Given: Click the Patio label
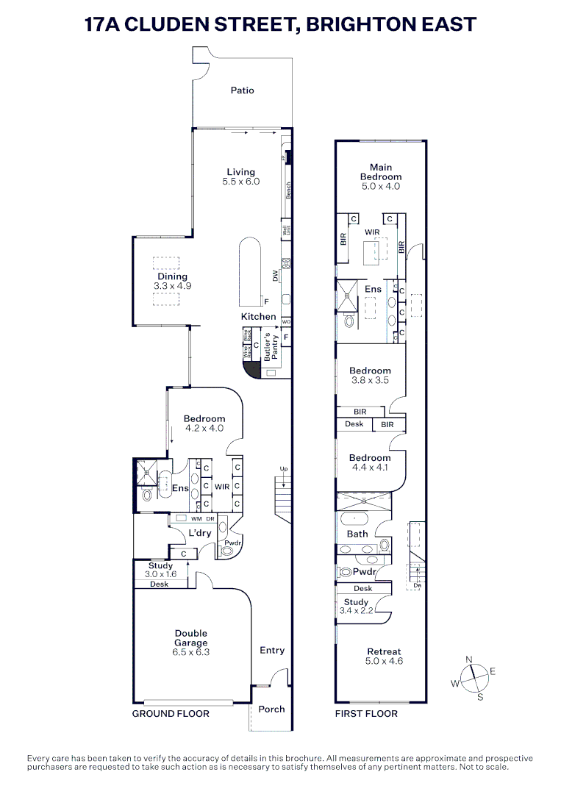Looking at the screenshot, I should pyautogui.click(x=242, y=90).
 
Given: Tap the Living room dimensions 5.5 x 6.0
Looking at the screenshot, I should pyautogui.click(x=241, y=182).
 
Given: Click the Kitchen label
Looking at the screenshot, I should pyautogui.click(x=259, y=317).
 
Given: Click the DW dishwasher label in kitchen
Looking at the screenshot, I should pyautogui.click(x=276, y=276).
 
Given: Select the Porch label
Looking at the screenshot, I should pyautogui.click(x=271, y=709).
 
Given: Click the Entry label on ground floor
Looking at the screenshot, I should pyautogui.click(x=272, y=651).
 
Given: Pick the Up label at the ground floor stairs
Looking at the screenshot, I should pyautogui.click(x=283, y=468).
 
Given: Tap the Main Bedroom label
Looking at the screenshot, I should pyautogui.click(x=381, y=172).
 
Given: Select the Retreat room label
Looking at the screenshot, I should pyautogui.click(x=384, y=651).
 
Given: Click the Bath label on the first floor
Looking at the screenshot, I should pyautogui.click(x=357, y=534).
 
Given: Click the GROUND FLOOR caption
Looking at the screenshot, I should pyautogui.click(x=171, y=714).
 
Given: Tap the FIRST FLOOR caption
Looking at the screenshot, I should pyautogui.click(x=366, y=714).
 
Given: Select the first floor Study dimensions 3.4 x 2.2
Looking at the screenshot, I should pyautogui.click(x=357, y=611).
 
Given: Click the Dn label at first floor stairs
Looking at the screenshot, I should pyautogui.click(x=417, y=586).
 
